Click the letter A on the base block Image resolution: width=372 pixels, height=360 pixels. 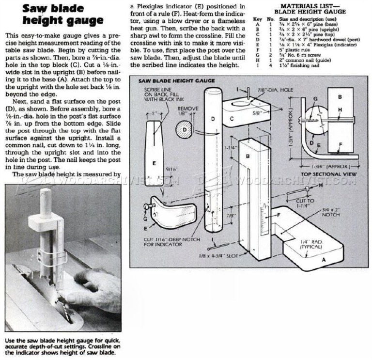point(318,259)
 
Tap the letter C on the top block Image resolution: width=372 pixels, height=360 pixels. point(232,118)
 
